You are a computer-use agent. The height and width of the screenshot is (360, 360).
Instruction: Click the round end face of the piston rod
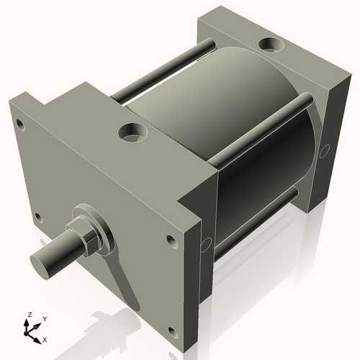click(41, 260)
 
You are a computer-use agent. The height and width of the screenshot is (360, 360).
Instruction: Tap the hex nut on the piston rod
click(88, 238)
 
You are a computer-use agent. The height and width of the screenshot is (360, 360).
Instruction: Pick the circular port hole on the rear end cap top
click(272, 45)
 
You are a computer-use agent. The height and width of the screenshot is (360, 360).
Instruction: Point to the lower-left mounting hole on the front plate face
click(38, 217)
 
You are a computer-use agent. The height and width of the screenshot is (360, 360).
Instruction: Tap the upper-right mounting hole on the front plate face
click(171, 241)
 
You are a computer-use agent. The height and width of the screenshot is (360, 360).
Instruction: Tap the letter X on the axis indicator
click(45, 338)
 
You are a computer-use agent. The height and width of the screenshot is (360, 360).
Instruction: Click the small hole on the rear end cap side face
click(325, 151)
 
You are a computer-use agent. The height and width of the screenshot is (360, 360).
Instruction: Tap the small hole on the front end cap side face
click(207, 240)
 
